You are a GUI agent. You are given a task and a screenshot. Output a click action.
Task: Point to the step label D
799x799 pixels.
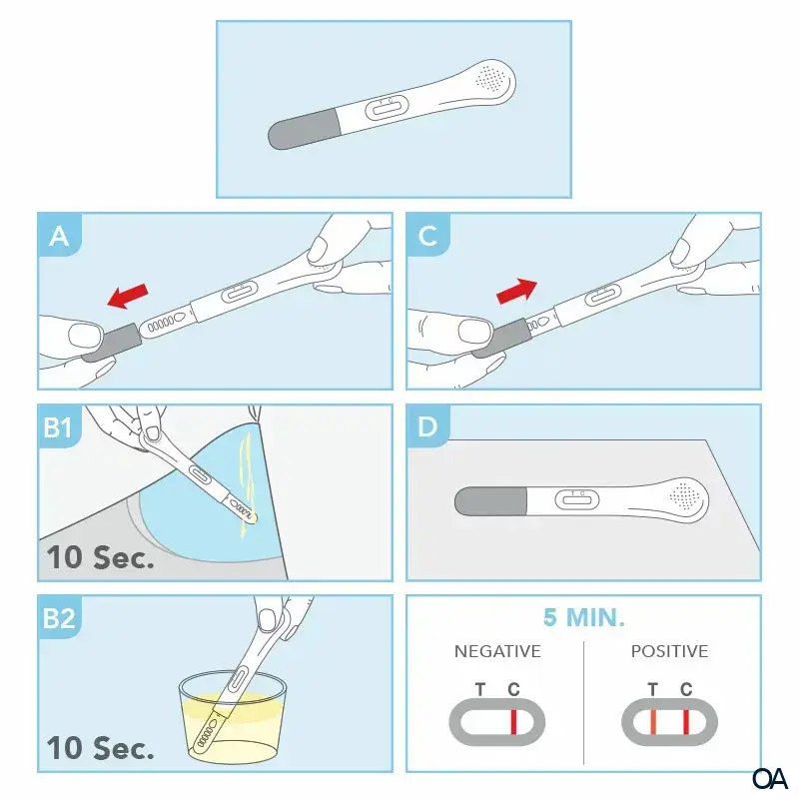[x=427, y=427]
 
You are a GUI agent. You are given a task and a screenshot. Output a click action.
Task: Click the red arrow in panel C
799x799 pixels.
[x=516, y=291]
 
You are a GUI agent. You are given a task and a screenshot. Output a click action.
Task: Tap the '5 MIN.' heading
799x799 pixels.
[x=583, y=617]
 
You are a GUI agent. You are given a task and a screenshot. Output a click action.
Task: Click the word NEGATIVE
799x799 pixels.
[x=497, y=651]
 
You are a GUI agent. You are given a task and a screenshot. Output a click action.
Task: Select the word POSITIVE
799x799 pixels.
[x=669, y=651]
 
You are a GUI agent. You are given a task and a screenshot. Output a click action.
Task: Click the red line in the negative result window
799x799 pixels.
[x=513, y=721]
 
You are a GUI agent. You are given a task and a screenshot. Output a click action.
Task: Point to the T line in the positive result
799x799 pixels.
[x=653, y=721]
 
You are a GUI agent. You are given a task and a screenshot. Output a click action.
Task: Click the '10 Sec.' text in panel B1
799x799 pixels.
[x=101, y=557]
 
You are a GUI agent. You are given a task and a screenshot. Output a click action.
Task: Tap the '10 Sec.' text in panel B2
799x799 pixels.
[x=101, y=748]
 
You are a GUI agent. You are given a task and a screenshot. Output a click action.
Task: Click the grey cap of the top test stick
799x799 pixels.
[x=305, y=131]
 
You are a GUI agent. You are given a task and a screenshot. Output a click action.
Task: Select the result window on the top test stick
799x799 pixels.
[x=387, y=108]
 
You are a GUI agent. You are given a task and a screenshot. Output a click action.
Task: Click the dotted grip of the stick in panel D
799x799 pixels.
[x=684, y=492]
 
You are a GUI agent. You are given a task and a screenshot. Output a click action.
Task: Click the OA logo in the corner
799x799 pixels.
[x=770, y=777]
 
